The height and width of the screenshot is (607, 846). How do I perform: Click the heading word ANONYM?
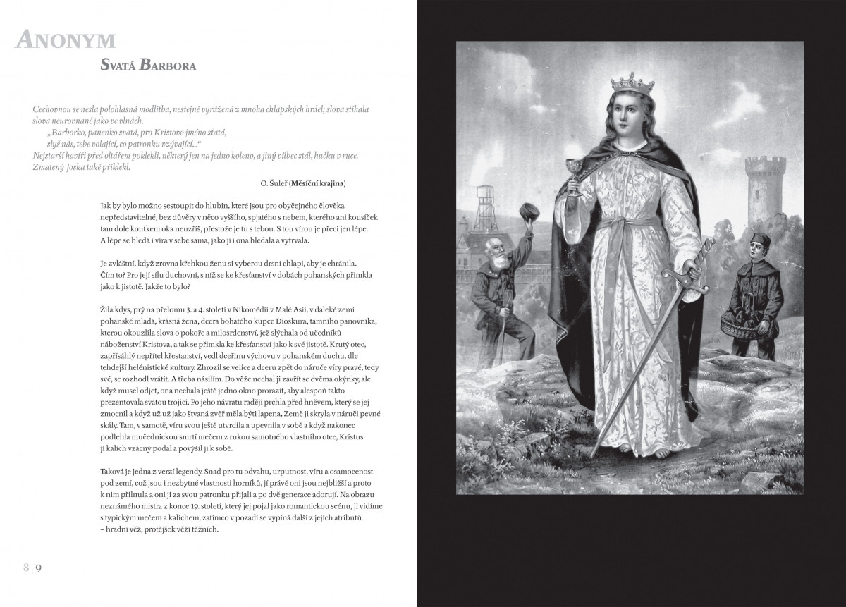pyautogui.click(x=65, y=41)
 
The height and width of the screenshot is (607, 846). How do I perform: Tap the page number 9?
pyautogui.click(x=39, y=568)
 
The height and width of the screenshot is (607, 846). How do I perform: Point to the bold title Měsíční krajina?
pyautogui.click(x=318, y=183)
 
